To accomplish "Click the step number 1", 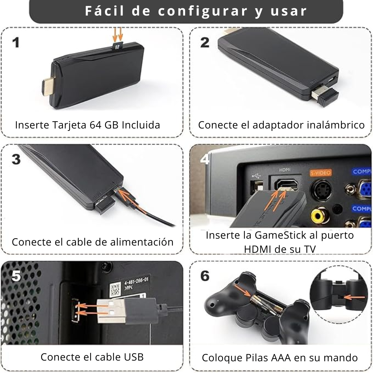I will (x=16, y=43).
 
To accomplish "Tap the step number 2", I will (x=205, y=42).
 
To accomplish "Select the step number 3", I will (x=16, y=160).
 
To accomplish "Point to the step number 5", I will (x=16, y=276).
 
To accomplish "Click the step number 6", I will (x=205, y=276).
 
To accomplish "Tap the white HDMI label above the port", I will (x=285, y=170).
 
